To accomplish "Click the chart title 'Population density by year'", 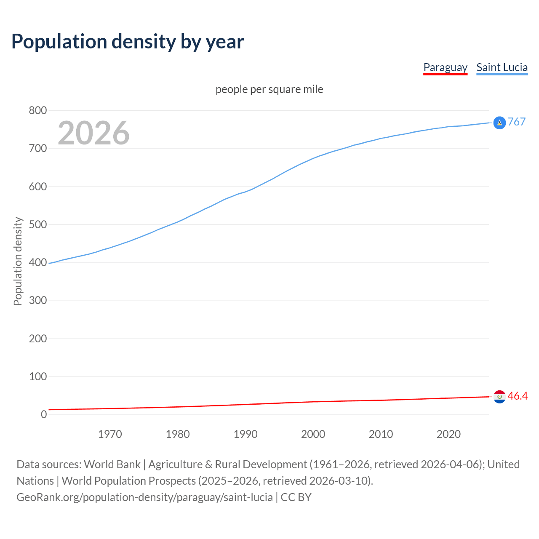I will pos(128,41).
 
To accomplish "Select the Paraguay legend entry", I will pos(445,67).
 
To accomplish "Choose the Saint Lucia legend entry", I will pos(502,67).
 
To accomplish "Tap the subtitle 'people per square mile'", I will pos(269,89).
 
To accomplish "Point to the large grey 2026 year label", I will pos(93,133).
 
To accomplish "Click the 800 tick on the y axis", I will pos(37,111).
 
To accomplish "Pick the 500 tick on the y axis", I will pos(37,224).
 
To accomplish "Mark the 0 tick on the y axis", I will pos(44,414).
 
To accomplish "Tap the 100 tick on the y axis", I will pos(37,376).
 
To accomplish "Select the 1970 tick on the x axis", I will pos(110,434).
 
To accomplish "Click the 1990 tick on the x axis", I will pos(245,434).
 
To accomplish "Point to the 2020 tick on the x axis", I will pos(448,434).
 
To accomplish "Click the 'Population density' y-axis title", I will pos(18,261).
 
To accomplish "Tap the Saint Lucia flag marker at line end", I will pos(499,123).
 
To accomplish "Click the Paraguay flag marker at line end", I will pos(499,397).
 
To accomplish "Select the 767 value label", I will pos(517,122).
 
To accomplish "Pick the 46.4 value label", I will pos(518,396).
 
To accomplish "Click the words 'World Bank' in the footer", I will pos(112,464).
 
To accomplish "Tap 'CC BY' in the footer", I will pos(296,497).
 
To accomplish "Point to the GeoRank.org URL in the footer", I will pos(144,497).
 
